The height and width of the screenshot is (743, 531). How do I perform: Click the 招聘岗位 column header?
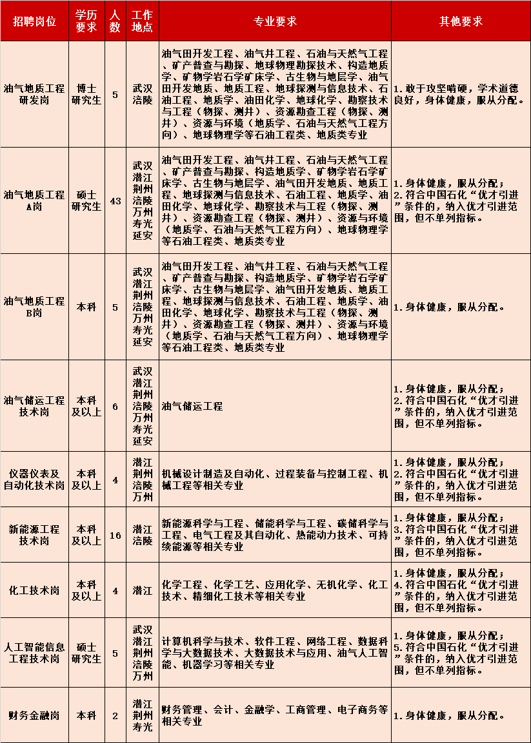(34, 21)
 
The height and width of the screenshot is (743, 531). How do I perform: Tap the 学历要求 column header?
(86, 21)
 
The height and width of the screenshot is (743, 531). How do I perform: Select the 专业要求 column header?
(275, 21)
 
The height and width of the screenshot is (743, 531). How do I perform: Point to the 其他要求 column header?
(461, 21)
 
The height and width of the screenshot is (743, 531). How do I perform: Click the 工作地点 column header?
(142, 21)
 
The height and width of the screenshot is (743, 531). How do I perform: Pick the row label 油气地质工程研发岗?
(34, 94)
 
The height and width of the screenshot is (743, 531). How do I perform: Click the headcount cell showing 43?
(115, 201)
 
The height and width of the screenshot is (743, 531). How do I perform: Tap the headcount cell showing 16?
(115, 535)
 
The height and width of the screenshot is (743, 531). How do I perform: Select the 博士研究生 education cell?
(86, 94)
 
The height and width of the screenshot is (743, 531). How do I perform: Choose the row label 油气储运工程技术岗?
(34, 406)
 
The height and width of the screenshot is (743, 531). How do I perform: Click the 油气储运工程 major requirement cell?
(192, 406)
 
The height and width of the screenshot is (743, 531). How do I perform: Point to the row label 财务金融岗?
(34, 715)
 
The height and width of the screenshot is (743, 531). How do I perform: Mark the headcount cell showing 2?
(115, 715)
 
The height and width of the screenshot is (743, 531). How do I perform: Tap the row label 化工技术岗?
(34, 590)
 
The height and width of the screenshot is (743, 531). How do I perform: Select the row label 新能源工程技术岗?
(34, 535)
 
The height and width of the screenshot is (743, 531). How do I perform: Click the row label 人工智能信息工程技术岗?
(34, 653)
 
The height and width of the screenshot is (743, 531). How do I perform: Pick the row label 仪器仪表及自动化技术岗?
(34, 479)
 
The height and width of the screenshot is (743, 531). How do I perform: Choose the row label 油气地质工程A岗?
(34, 201)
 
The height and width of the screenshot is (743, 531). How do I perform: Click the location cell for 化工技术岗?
(142, 590)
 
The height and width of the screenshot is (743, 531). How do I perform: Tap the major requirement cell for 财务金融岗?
(275, 715)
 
